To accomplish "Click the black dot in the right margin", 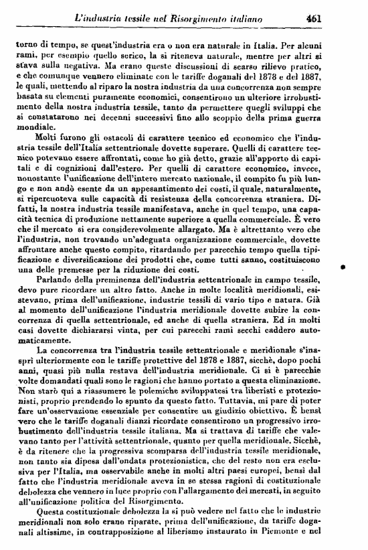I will coord(342,266).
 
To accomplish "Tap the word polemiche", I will coord(155,389).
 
